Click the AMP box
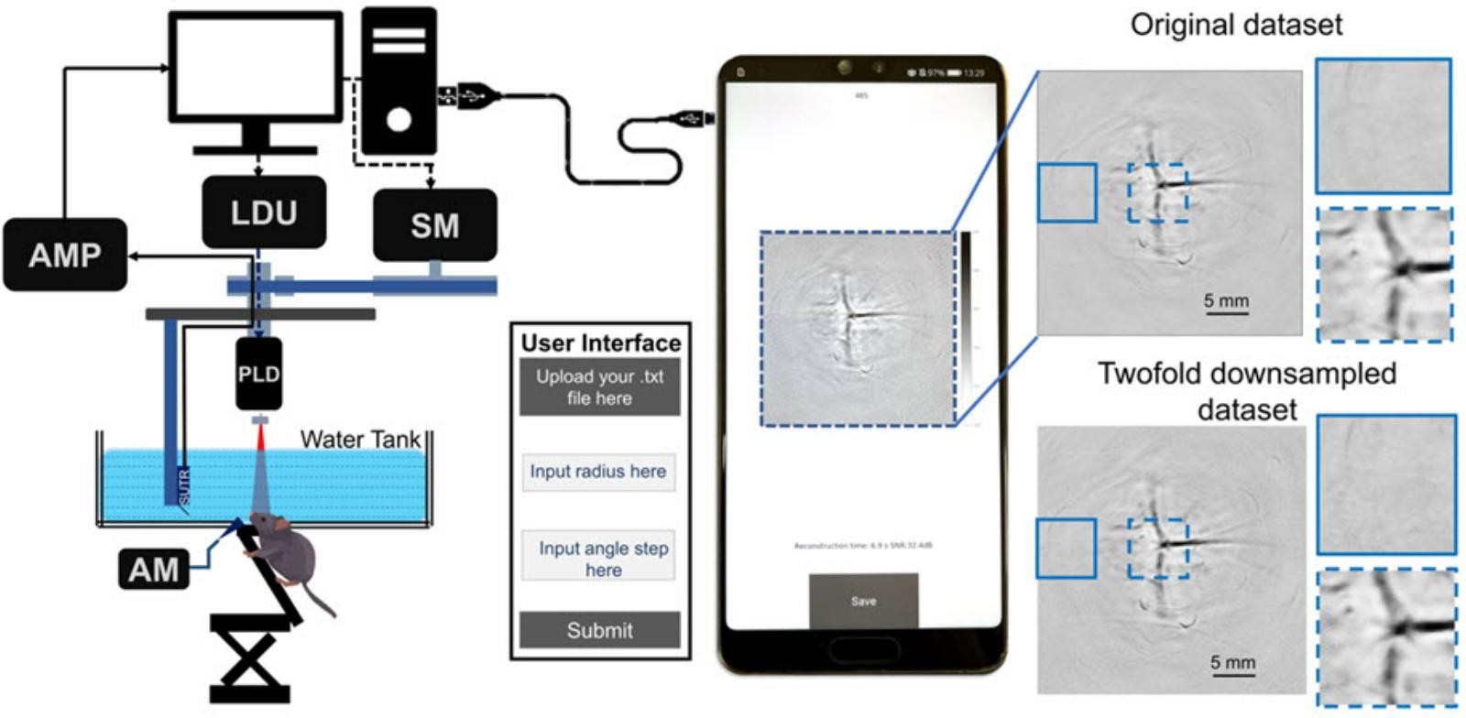(x=64, y=255)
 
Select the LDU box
(x=264, y=212)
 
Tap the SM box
(x=434, y=225)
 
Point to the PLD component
(x=258, y=374)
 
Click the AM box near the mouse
(x=153, y=570)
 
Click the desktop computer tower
(x=399, y=81)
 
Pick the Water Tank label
(x=359, y=440)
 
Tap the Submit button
(x=599, y=630)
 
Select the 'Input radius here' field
(x=598, y=472)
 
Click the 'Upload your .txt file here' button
(x=599, y=387)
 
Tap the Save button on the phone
(x=863, y=602)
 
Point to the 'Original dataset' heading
(x=1236, y=25)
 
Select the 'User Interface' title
(x=601, y=343)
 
